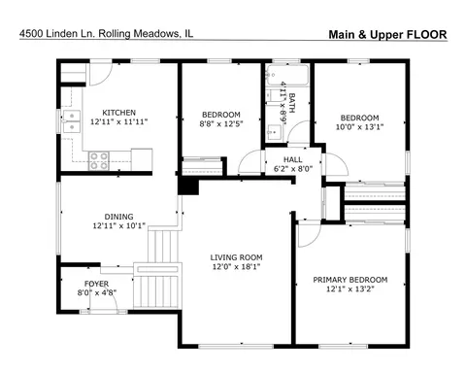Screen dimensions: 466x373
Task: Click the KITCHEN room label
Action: pos(118,113)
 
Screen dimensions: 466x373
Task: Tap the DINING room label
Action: pos(118,217)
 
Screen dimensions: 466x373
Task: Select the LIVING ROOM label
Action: pos(236,257)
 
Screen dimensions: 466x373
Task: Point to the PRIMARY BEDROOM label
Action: pos(350,280)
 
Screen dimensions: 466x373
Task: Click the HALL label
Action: pos(293,159)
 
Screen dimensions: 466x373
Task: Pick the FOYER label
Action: pos(96,284)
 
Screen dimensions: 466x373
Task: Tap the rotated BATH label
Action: pos(292,103)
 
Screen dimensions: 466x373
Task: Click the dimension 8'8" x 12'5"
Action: pos(221,123)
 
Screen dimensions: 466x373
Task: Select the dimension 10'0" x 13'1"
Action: pos(359,127)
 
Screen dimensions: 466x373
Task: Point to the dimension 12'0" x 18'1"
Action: pos(236,267)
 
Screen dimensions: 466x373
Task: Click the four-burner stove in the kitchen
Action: pos(99,160)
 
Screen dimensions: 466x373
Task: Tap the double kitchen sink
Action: pos(72,121)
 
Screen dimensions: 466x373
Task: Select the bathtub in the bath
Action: pos(287,75)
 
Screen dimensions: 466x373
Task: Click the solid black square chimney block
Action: pos(188,186)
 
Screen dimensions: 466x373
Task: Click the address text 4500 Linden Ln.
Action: pos(57,33)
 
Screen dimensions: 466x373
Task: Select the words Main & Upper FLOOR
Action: pos(387,34)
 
